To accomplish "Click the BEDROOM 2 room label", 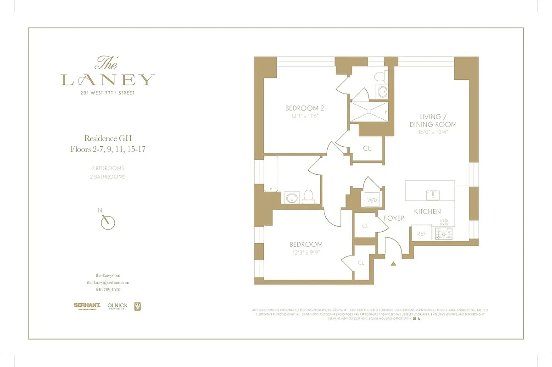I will [x=305, y=108].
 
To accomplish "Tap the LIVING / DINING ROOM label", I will [x=433, y=121].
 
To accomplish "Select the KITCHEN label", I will [x=427, y=211].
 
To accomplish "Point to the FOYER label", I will [x=394, y=218].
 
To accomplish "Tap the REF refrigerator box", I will [x=421, y=234].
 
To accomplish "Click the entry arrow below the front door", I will [x=393, y=264].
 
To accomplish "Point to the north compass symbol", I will [x=107, y=222].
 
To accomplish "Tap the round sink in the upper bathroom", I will [x=381, y=91].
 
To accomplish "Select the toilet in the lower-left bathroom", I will [x=308, y=196].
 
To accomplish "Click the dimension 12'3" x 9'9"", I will [x=306, y=252].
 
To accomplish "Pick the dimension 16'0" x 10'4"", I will [x=433, y=132].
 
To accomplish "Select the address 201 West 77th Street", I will [x=107, y=93].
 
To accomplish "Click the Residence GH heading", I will [x=107, y=138].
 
